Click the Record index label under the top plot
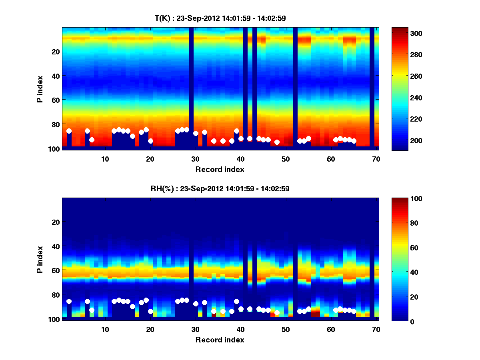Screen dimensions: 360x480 (x=220, y=170)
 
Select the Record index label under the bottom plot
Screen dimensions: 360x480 (x=220, y=340)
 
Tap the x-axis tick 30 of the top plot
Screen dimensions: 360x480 (x=195, y=159)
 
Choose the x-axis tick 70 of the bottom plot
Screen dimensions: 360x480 (x=376, y=329)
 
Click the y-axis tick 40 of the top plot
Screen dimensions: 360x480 (x=55, y=76)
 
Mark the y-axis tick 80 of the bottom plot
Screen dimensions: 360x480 (x=55, y=295)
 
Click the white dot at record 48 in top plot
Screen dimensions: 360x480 (x=277, y=142)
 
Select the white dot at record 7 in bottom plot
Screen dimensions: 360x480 (x=92, y=310)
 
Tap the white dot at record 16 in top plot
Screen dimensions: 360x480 (x=132, y=136)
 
